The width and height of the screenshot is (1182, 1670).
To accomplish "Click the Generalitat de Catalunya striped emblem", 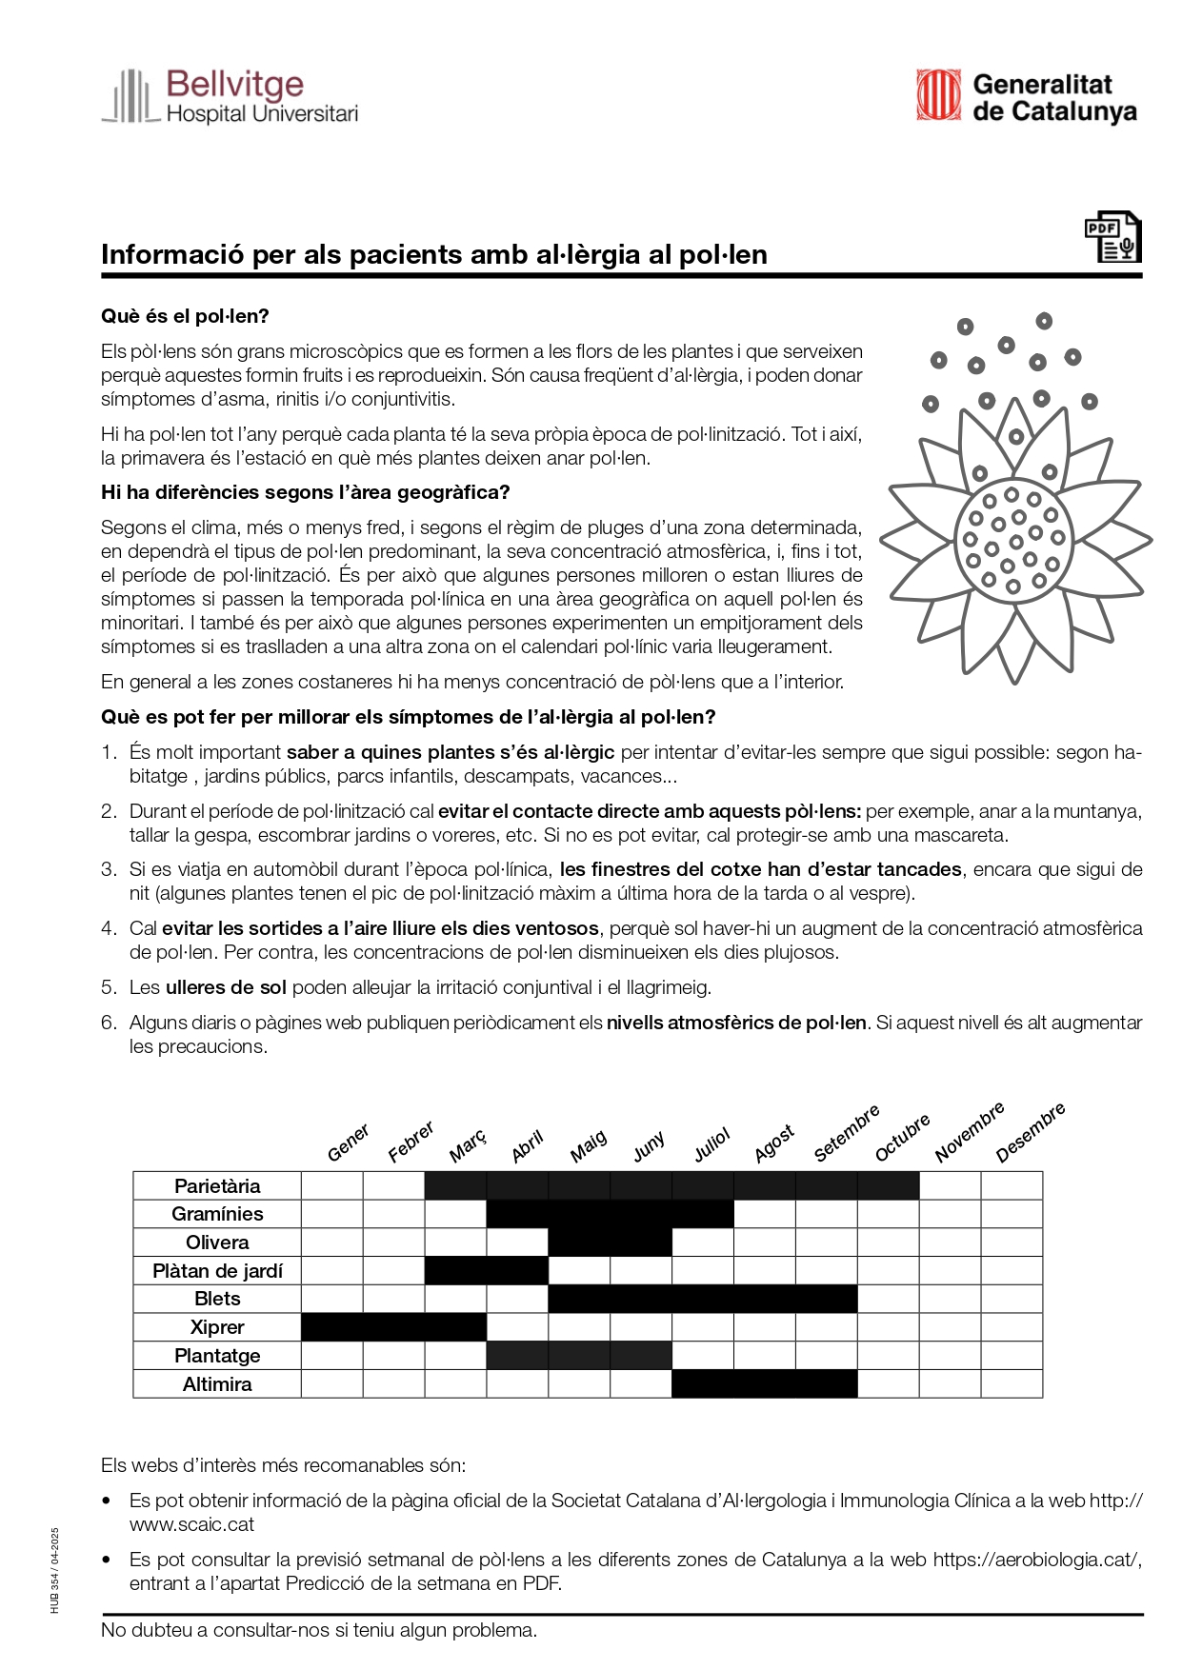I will pyautogui.click(x=938, y=95).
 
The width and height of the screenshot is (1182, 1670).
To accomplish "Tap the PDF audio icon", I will pyautogui.click(x=1112, y=237).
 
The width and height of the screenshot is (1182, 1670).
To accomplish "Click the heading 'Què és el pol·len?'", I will pyautogui.click(x=185, y=316).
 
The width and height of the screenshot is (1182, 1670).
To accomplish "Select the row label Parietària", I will pyautogui.click(x=217, y=1185).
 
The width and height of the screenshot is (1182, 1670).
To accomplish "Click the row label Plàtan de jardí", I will pyautogui.click(x=217, y=1271).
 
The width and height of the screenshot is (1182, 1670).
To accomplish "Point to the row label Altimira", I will pyautogui.click(x=217, y=1384).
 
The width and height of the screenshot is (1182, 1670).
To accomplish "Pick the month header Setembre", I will pyautogui.click(x=846, y=1134).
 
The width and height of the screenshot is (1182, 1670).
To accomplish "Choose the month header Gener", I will pyautogui.click(x=348, y=1143).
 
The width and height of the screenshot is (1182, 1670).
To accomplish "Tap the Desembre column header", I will pyautogui.click(x=1030, y=1133).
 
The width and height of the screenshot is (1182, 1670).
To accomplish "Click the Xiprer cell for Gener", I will pyautogui.click(x=332, y=1327).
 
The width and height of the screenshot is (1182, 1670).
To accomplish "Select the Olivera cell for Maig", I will pyautogui.click(x=579, y=1243).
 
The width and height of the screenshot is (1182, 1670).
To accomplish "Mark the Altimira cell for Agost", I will pyautogui.click(x=764, y=1384).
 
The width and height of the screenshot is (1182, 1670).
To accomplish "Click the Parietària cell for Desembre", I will pyautogui.click(x=1012, y=1185).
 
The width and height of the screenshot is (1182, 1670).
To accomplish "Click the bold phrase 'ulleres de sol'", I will pyautogui.click(x=226, y=987).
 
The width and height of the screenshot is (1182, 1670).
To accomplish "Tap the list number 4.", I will pyautogui.click(x=108, y=928).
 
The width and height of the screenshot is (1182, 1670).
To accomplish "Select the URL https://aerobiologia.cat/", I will pyautogui.click(x=1035, y=1560).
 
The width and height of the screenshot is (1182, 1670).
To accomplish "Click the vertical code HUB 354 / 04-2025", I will pyautogui.click(x=55, y=1570).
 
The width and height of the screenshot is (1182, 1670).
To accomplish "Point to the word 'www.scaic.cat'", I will pyautogui.click(x=191, y=1524).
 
